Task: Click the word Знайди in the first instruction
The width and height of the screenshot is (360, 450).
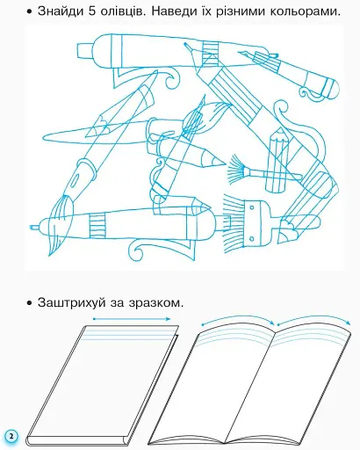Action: tap(60, 11)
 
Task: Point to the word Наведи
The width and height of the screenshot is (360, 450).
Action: tap(174, 11)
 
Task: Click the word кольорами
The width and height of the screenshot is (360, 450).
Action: tap(305, 12)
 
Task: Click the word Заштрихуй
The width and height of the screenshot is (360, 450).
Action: tap(72, 302)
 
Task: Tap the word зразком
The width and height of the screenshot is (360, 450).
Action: tap(155, 303)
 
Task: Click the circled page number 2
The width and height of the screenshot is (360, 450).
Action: tap(11, 436)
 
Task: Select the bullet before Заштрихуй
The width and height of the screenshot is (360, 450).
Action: tap(29, 303)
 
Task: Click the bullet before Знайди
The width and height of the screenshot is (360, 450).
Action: tap(29, 12)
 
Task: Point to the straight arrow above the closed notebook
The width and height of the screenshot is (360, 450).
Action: tap(132, 319)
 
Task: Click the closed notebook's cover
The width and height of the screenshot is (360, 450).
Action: tap(103, 381)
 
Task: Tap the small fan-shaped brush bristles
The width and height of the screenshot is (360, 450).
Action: tap(236, 169)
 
